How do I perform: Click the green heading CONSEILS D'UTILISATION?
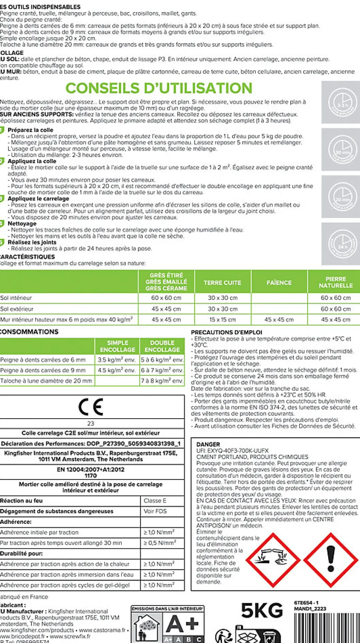(159, 88)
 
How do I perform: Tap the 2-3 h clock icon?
(342, 103)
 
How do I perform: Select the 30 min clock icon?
(342, 150)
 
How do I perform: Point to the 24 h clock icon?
(342, 244)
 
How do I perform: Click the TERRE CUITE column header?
(222, 283)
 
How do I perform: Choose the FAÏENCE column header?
(279, 283)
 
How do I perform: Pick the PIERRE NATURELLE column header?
(335, 282)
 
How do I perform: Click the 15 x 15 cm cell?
(222, 319)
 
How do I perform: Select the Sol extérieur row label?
(17, 309)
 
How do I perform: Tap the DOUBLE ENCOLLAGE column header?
(162, 346)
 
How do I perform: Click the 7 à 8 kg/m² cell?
(162, 381)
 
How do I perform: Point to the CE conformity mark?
(91, 407)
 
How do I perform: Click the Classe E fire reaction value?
(155, 501)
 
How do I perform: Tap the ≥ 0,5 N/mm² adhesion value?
(160, 543)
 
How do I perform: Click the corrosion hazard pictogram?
(272, 560)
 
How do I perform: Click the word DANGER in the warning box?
(208, 444)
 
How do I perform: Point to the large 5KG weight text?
(262, 610)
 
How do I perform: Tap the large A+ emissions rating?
(183, 624)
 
